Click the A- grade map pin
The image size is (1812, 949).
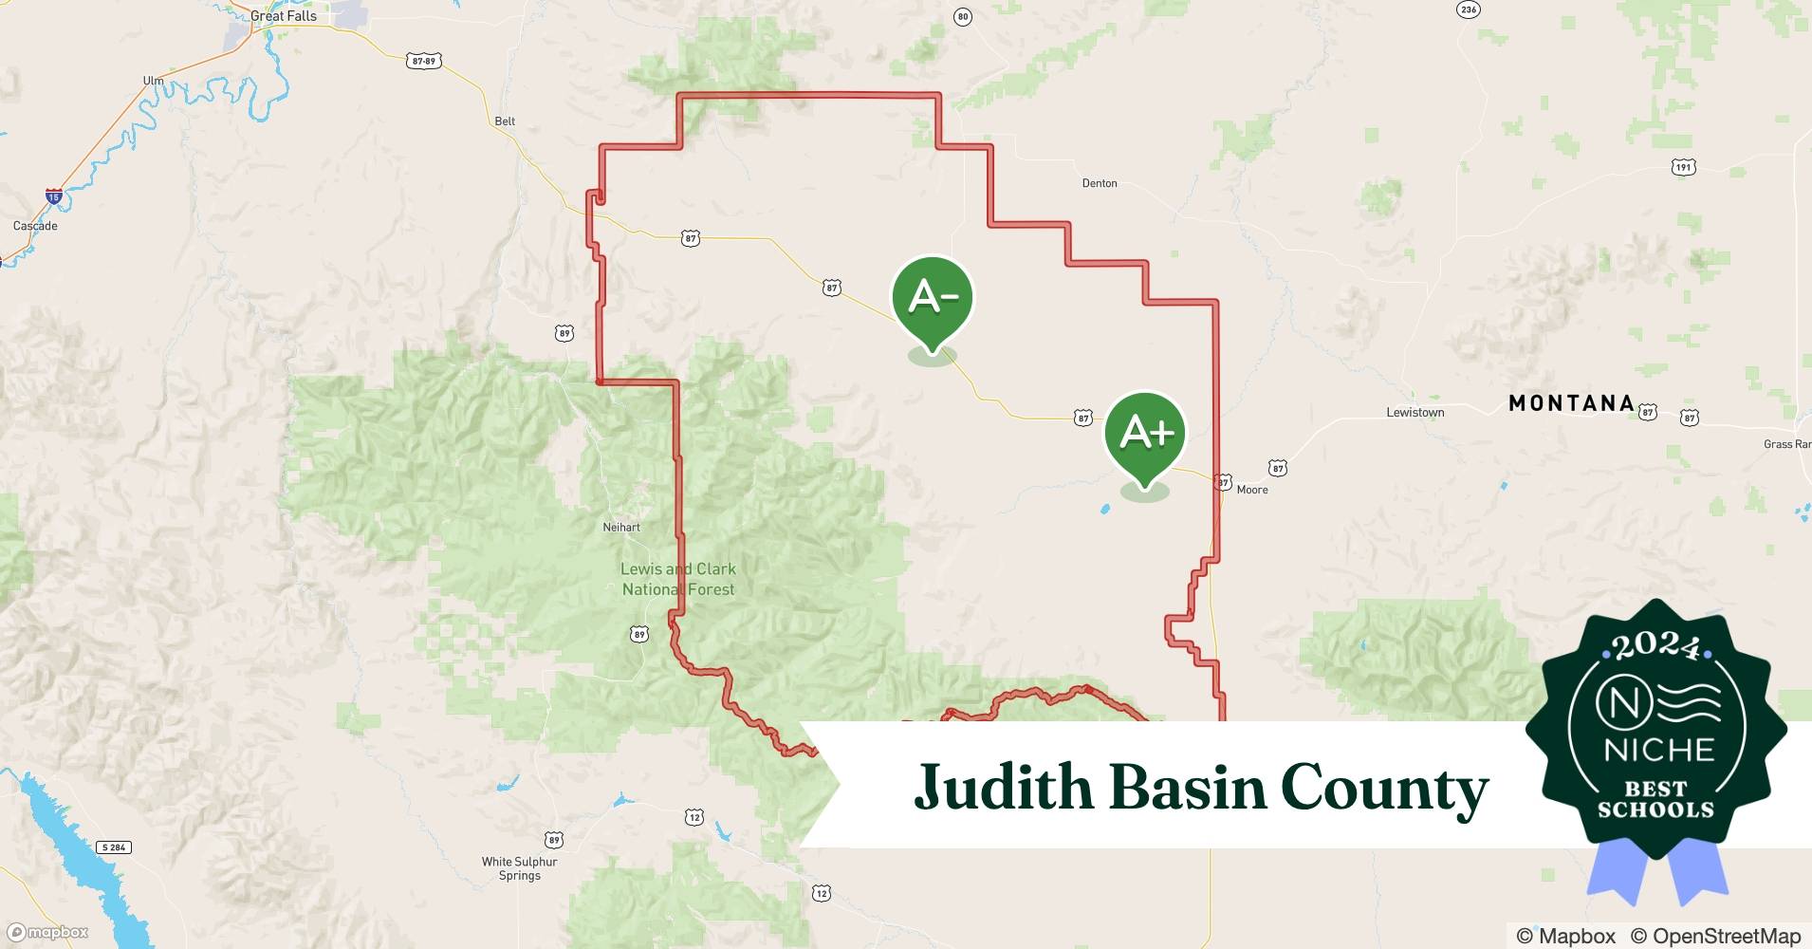point(933,298)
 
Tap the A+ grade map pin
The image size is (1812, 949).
point(1145,434)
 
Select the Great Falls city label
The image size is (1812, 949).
point(284,16)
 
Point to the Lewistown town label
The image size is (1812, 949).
point(1414,413)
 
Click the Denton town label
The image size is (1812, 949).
point(1100,183)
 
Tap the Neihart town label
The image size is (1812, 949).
point(621,528)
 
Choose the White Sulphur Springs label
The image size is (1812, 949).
point(519,868)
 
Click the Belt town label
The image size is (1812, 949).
point(505,121)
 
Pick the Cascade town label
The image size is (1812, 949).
point(35,226)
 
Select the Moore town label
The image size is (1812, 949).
point(1252,490)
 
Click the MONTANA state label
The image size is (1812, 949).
point(1571,403)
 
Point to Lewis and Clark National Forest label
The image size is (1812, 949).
point(678,579)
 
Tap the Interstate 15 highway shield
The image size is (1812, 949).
point(53,197)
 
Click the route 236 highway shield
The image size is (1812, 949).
point(1469,9)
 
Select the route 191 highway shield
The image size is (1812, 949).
point(1683,167)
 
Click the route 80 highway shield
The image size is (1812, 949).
point(963,17)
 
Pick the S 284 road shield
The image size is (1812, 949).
point(113,847)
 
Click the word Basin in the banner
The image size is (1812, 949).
point(1187,788)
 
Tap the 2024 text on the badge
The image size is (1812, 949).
point(1655,646)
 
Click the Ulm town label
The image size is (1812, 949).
point(153,81)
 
